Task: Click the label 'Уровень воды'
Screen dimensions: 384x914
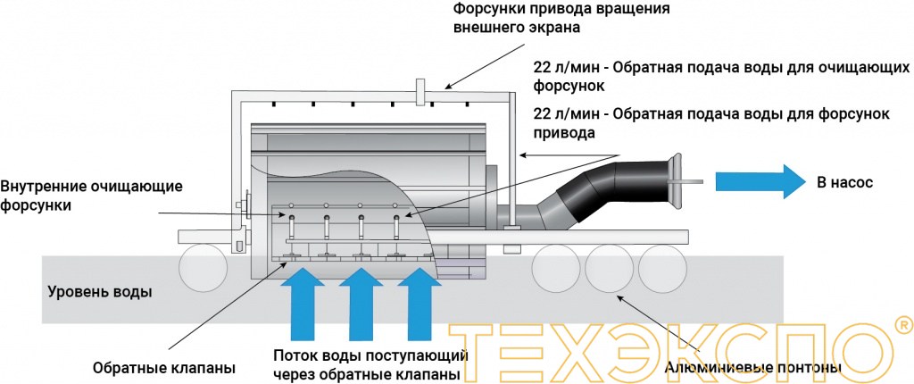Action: pyautogui.click(x=100, y=292)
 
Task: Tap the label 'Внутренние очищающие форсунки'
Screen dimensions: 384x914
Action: pyautogui.click(x=92, y=196)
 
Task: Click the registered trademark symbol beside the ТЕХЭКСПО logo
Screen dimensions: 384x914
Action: pyautogui.click(x=902, y=323)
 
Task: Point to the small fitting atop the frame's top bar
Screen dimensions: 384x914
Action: pyautogui.click(x=420, y=90)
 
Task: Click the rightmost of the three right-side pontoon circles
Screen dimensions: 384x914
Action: pyautogui.click(x=660, y=264)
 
